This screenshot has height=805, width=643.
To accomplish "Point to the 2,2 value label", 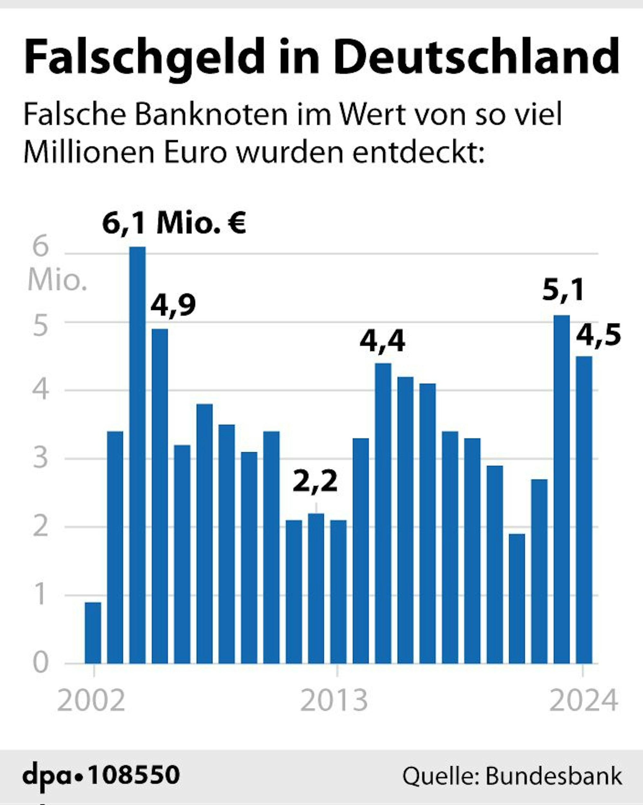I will point(315,482).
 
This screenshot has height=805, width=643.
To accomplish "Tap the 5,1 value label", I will point(563,290).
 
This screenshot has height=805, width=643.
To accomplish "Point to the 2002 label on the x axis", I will point(91,701).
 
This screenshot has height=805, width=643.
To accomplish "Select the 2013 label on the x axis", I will point(334,701).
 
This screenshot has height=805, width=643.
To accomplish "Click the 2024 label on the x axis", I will point(583,701).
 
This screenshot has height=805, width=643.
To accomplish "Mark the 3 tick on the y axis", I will point(41,458).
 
